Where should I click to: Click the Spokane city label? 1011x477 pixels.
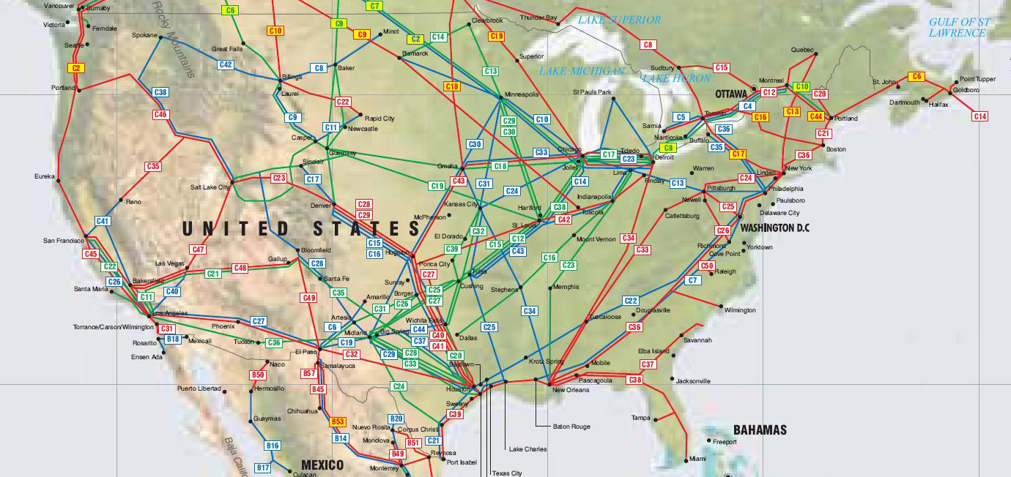[x=144, y=34]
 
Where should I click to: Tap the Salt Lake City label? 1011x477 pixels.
[x=210, y=187]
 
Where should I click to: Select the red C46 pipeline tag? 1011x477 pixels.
[x=161, y=114]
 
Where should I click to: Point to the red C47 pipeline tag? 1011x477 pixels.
[x=198, y=249]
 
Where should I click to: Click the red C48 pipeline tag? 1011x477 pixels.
[x=240, y=268]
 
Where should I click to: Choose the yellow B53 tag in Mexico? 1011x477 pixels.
[x=338, y=422]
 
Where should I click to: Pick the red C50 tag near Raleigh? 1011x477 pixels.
[x=707, y=266]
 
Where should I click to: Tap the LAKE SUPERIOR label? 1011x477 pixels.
[x=619, y=20]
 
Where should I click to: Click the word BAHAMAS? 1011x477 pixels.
[x=760, y=429]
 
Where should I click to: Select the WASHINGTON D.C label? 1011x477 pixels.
[x=775, y=228]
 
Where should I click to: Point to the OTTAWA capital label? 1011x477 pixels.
[x=730, y=94]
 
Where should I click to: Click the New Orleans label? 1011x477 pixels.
[x=571, y=390]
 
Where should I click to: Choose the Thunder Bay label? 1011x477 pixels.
[x=538, y=17]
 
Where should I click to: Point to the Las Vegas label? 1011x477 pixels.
[x=170, y=263]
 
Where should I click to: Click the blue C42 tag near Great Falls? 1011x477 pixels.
[x=226, y=64]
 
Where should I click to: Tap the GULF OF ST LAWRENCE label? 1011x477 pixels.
[x=959, y=27]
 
